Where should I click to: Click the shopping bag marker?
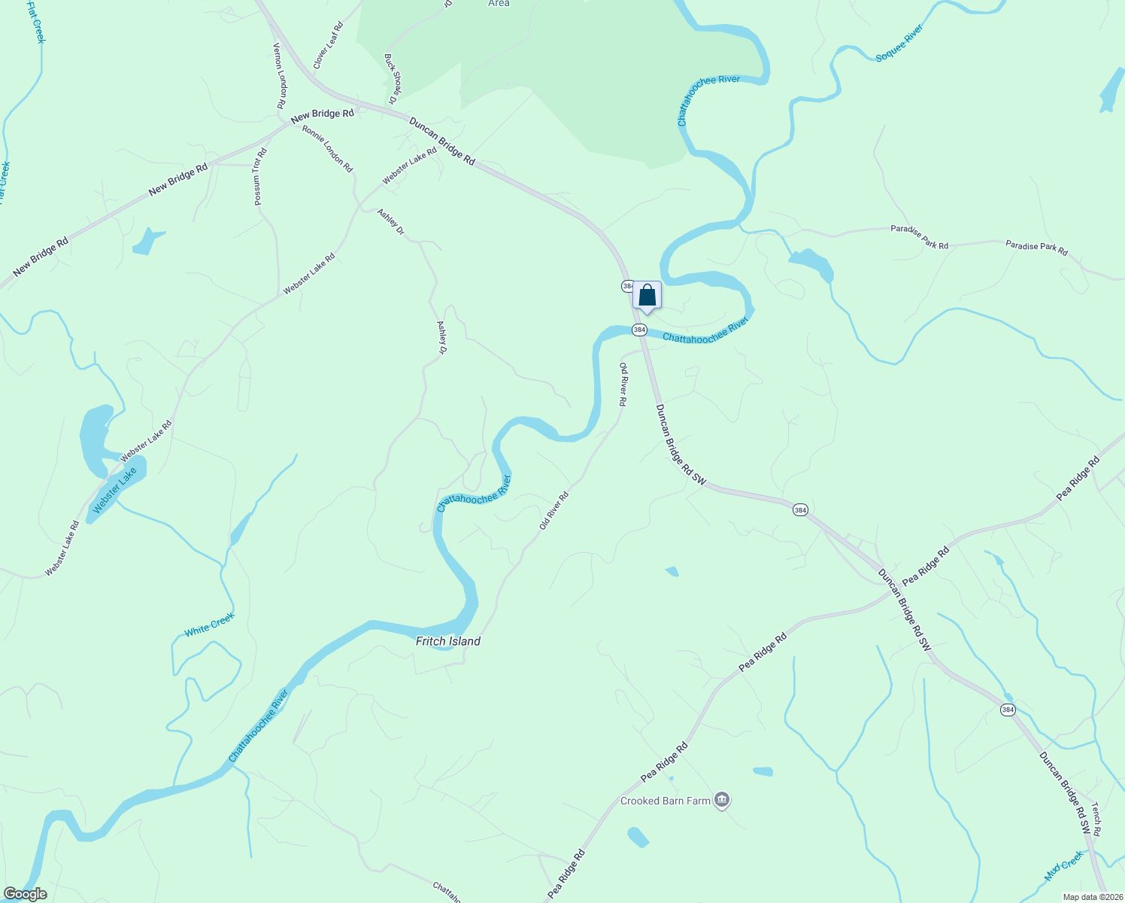point(647,296)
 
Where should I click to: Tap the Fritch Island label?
point(448,641)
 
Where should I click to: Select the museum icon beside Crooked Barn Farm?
point(722,800)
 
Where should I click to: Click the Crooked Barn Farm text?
point(665,801)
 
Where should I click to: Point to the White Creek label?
point(210,625)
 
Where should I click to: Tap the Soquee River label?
point(899,44)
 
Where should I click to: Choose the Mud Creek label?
point(1063,867)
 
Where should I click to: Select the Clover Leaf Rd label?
point(328,46)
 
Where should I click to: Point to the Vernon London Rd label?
point(278,75)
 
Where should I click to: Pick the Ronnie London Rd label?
point(327,148)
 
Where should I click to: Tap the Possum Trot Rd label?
point(259,177)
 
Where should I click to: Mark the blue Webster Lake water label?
point(115,491)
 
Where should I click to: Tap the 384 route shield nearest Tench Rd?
point(1008,710)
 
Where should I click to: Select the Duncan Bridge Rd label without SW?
point(442,141)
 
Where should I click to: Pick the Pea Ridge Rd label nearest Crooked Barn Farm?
point(664,762)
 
